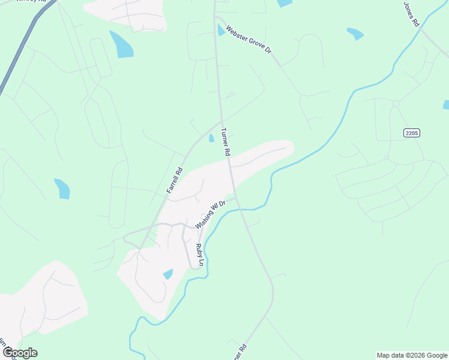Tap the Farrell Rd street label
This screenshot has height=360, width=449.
click(x=174, y=180)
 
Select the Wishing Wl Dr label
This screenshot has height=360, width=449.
click(x=209, y=215)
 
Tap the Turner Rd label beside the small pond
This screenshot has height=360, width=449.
click(x=225, y=142)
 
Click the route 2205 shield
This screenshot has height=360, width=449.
click(x=412, y=133)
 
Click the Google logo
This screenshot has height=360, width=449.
click(x=19, y=353)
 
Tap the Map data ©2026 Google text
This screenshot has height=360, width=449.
click(x=412, y=355)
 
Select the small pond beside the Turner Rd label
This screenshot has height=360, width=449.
click(x=211, y=139)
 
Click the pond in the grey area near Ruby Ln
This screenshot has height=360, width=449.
click(x=168, y=274)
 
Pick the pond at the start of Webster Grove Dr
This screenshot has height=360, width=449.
click(x=221, y=30)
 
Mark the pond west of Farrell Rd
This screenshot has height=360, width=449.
click(x=62, y=188)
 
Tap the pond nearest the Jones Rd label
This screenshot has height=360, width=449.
click(x=355, y=34)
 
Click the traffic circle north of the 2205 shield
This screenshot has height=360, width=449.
click(x=396, y=104)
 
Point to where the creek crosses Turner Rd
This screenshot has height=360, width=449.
click(x=240, y=209)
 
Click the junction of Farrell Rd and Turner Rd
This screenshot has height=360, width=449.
click(x=221, y=122)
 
